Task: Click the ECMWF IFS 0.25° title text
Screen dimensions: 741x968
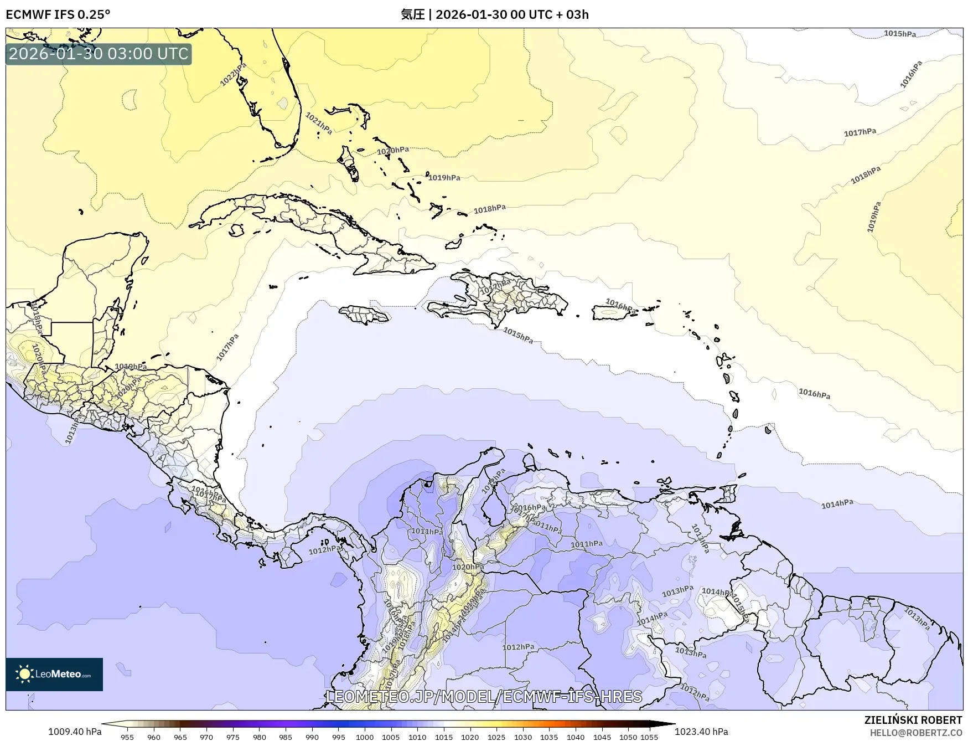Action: click(58, 14)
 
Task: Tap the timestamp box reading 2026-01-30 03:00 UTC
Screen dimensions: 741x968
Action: click(99, 54)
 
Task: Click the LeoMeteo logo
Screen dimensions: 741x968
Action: click(54, 674)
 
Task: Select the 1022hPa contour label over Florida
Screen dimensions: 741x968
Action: click(233, 74)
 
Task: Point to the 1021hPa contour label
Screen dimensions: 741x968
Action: click(319, 123)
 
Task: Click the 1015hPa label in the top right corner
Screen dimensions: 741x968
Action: click(899, 34)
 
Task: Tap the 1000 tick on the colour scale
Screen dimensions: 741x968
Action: click(364, 737)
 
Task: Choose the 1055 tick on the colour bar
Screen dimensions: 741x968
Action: click(649, 737)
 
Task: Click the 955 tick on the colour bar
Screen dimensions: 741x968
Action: click(127, 737)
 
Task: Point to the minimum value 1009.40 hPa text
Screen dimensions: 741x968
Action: click(75, 732)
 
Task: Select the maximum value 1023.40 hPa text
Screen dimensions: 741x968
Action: click(701, 732)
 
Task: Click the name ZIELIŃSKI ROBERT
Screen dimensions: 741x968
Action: click(913, 720)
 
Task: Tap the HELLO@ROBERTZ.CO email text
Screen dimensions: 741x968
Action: click(916, 733)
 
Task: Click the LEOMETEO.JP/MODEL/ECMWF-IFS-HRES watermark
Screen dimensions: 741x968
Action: click(484, 696)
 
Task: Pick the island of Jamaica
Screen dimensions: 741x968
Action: click(364, 315)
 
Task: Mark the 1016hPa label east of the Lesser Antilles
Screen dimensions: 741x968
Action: click(814, 394)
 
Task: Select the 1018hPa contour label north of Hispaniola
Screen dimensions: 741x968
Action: click(489, 209)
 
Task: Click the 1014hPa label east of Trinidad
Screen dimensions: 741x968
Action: click(837, 504)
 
